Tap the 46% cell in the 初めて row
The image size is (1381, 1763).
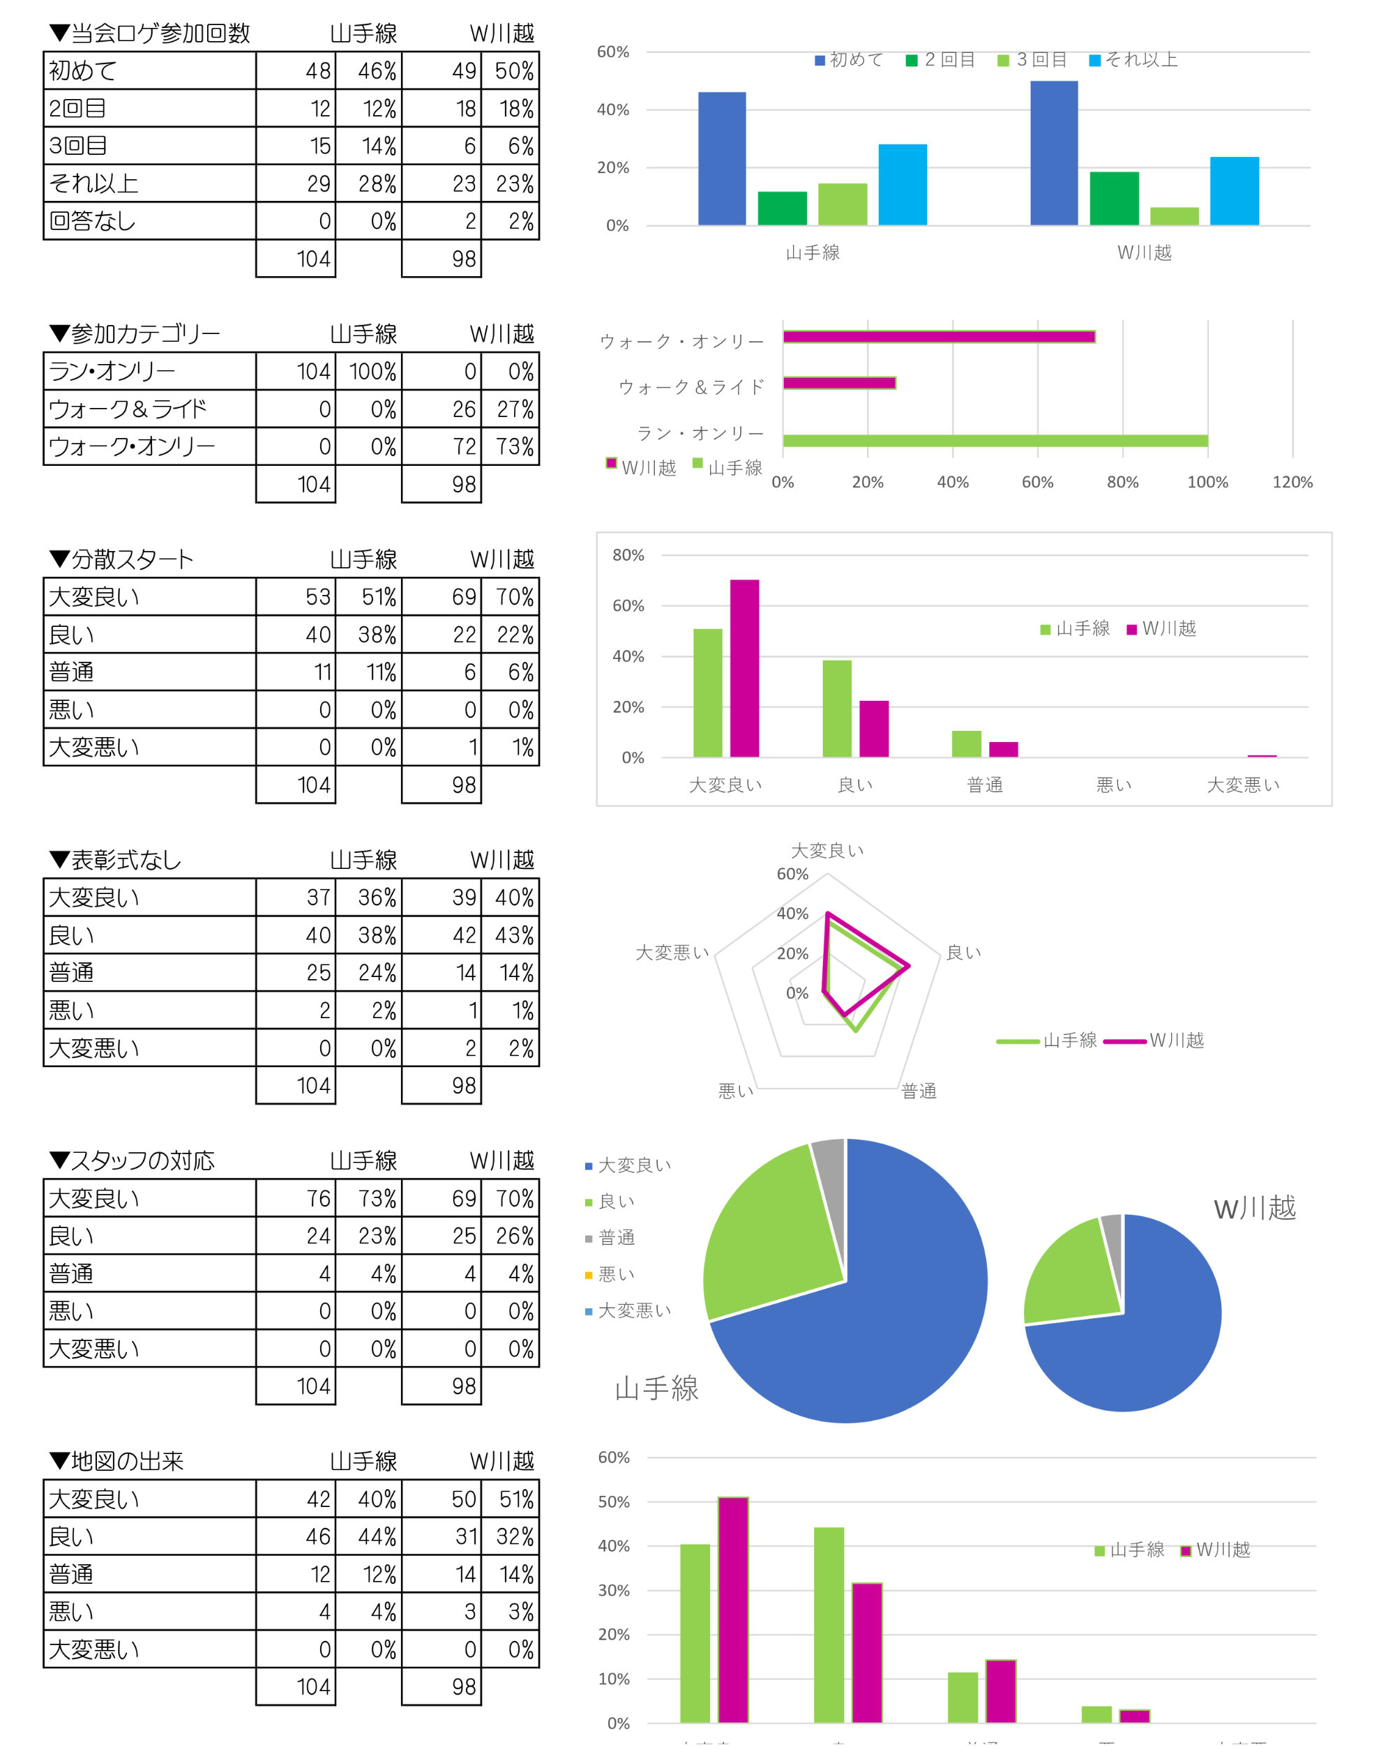pos(377,71)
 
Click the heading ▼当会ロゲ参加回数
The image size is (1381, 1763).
pos(151,33)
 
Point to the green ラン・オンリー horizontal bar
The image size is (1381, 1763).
pos(995,441)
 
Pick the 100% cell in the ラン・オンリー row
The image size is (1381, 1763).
pos(372,372)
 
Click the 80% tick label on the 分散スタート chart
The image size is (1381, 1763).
pos(628,555)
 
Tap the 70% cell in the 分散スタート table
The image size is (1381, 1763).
pos(514,598)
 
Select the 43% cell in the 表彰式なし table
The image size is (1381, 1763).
pos(514,936)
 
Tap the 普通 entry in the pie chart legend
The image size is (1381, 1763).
pos(615,1238)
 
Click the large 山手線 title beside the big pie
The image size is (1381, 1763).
pos(656,1389)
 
